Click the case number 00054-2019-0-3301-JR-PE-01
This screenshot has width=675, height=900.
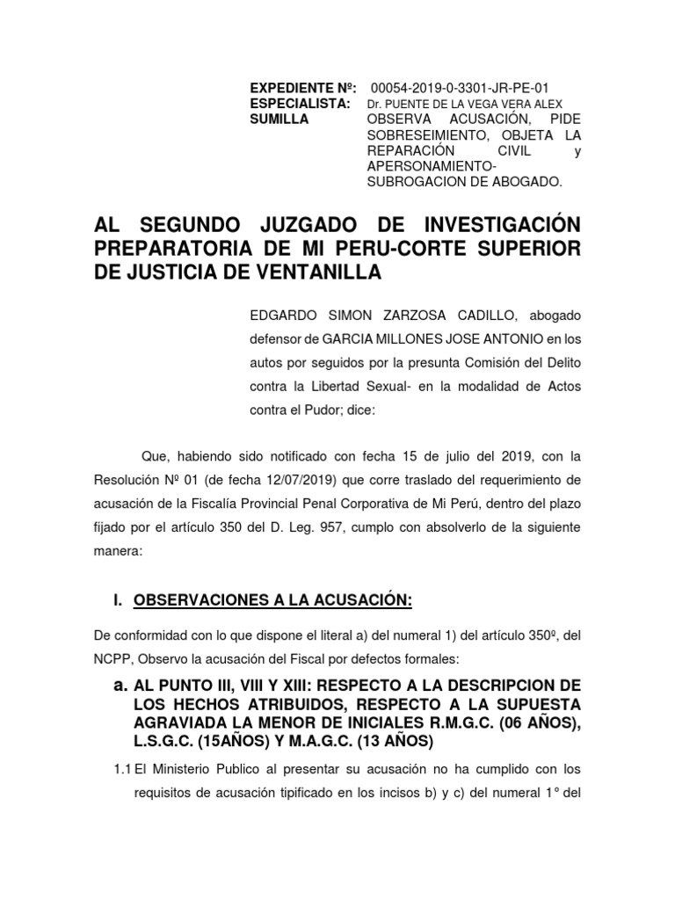460,87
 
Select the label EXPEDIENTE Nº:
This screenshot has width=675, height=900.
303,87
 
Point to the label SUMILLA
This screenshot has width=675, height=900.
280,120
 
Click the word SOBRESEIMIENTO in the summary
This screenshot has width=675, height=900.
421,135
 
